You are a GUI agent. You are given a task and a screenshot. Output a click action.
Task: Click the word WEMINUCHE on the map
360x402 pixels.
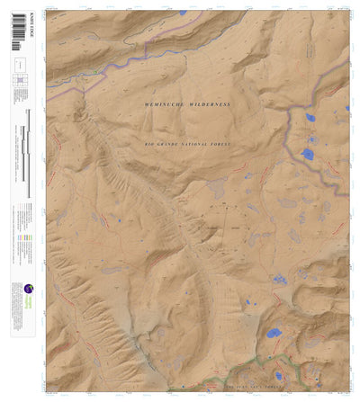pos(167,105)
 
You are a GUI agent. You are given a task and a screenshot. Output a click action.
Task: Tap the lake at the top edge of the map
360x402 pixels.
pos(182,13)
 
